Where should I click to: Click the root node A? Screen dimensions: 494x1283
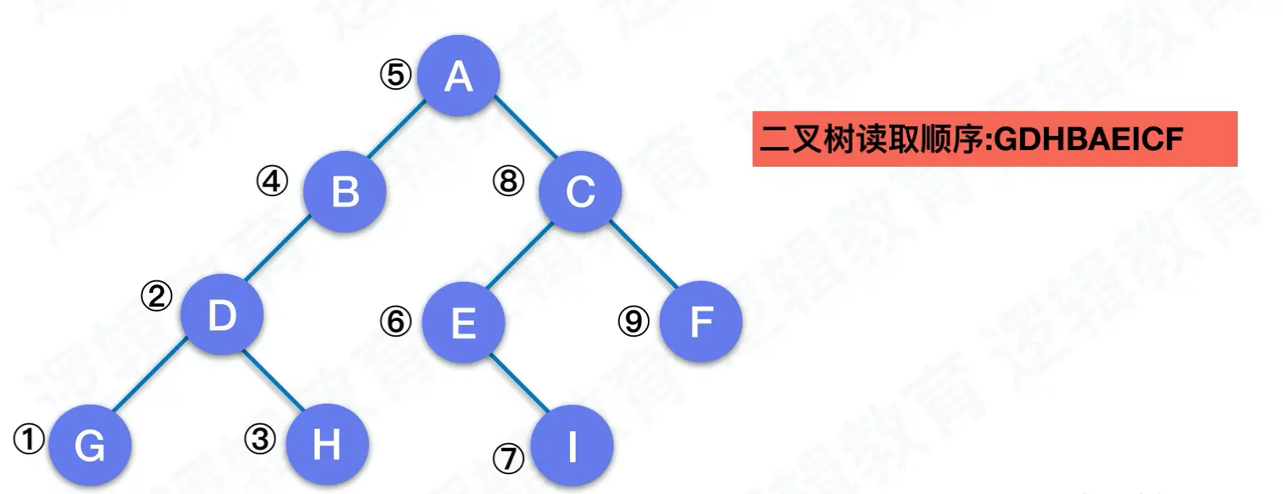click(x=459, y=75)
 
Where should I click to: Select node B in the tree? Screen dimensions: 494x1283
click(x=345, y=191)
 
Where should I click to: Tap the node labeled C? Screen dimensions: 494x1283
click(x=580, y=191)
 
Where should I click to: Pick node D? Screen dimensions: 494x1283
click(x=222, y=315)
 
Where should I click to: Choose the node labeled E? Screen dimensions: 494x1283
click(x=463, y=322)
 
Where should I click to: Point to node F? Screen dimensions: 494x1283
click(x=701, y=322)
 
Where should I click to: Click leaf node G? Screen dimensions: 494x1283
click(x=90, y=445)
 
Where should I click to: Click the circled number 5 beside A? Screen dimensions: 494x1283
click(x=395, y=75)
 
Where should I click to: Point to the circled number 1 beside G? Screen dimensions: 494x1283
click(x=29, y=438)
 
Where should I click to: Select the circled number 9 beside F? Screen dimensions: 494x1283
click(x=634, y=321)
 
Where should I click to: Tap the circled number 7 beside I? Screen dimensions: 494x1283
click(x=509, y=457)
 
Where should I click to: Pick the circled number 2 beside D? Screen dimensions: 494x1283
click(x=156, y=296)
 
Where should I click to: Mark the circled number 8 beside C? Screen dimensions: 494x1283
click(x=509, y=182)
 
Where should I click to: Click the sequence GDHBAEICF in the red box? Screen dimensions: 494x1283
click(x=1088, y=140)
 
